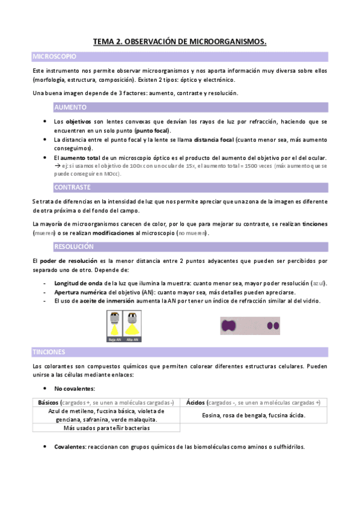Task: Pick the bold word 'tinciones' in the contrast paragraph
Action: pyautogui.click(x=316, y=224)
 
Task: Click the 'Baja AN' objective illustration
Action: pyautogui.click(x=114, y=325)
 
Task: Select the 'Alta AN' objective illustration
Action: pyautogui.click(x=132, y=325)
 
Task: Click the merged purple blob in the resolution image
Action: pyautogui.click(x=228, y=325)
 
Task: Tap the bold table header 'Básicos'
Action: pyautogui.click(x=49, y=402)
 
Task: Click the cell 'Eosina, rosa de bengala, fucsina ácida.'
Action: pyautogui.click(x=253, y=415)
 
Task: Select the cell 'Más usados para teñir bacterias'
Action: pyautogui.click(x=106, y=428)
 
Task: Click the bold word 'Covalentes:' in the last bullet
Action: pyautogui.click(x=69, y=447)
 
